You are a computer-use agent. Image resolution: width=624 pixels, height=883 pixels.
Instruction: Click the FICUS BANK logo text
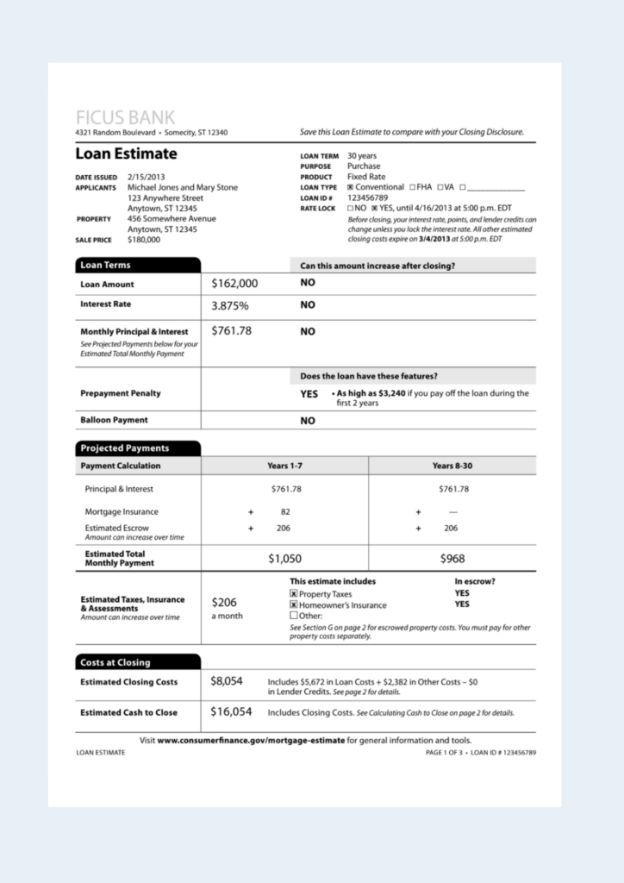pos(125,117)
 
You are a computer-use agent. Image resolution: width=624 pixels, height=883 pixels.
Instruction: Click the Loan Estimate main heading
pos(126,154)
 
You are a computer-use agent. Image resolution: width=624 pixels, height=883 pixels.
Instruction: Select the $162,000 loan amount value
pos(234,284)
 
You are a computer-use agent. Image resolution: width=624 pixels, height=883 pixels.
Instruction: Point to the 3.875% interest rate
pos(230,305)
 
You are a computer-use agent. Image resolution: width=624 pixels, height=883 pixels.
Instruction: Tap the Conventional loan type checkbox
pos(351,187)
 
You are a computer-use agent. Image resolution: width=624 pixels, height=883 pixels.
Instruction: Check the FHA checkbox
pos(413,187)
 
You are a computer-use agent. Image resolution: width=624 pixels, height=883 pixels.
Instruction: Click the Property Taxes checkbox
pos(294,594)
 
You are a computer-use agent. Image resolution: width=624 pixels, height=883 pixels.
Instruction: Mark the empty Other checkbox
pos(294,616)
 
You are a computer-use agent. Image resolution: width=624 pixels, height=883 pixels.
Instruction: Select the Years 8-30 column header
pos(452,466)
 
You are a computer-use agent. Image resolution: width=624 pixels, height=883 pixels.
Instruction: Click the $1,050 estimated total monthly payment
pos(284,559)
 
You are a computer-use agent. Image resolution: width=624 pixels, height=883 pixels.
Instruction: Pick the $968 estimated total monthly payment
pos(452,559)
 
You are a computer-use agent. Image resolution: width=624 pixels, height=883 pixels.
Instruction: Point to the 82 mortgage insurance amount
pos(285,511)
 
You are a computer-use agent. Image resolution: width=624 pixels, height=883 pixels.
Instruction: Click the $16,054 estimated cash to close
pos(231,711)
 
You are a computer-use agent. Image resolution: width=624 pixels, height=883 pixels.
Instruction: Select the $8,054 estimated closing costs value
pos(227,681)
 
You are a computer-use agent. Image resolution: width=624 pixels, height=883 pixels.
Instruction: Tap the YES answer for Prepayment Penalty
pos(309,394)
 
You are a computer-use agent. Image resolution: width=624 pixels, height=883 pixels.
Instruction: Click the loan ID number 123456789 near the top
pos(368,197)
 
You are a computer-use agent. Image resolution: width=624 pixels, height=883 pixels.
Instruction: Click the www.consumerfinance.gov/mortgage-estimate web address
pos(251,740)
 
